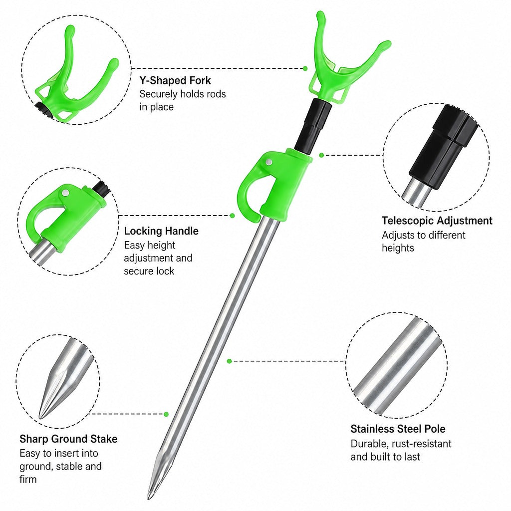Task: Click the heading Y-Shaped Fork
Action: point(175,80)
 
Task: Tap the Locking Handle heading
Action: point(161,231)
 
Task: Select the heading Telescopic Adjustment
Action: point(437,221)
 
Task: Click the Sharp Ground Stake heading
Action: point(68,439)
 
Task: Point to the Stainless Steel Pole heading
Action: point(398,429)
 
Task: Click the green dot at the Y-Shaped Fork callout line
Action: point(305,68)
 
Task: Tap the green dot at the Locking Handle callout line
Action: point(233,216)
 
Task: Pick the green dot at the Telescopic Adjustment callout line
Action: point(321,155)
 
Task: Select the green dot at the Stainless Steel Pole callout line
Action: point(230,361)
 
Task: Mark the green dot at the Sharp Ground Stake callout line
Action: point(166,414)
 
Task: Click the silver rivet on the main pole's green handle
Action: point(269,162)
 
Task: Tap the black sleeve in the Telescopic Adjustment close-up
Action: point(443,147)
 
